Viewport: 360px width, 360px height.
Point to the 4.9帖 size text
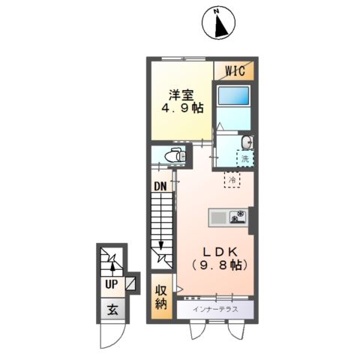181,109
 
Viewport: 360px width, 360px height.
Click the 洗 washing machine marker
244,159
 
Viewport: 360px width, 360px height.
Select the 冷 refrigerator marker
232,181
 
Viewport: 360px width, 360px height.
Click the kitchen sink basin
218,217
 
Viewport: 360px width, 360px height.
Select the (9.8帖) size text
217,265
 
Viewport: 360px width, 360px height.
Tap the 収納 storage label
161,298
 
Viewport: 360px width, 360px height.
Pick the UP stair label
111,284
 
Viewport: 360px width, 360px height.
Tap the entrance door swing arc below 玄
110,337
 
